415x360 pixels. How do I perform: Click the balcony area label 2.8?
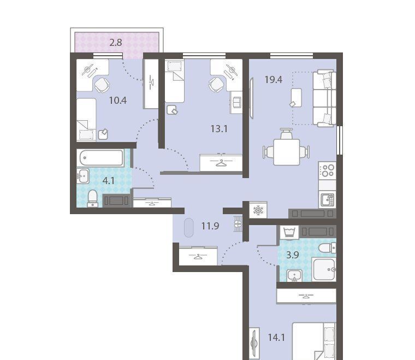(x=116, y=43)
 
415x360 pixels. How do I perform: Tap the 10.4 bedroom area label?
(x=118, y=101)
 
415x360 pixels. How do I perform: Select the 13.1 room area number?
(x=219, y=129)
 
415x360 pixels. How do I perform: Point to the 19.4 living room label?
(x=274, y=79)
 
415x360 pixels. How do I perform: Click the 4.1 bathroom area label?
(x=109, y=181)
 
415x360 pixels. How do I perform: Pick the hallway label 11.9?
(x=210, y=226)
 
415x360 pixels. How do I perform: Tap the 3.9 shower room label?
(x=293, y=255)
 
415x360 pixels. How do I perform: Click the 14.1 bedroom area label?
(x=277, y=338)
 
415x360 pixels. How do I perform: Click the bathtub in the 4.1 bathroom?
(x=102, y=158)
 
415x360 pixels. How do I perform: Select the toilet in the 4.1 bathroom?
(x=93, y=198)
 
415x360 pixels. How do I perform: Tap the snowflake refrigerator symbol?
(x=258, y=210)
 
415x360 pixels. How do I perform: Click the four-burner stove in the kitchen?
(x=328, y=170)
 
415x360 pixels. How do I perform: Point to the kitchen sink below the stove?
(x=328, y=200)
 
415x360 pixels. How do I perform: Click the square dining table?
(x=287, y=152)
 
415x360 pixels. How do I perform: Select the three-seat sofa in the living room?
(x=324, y=98)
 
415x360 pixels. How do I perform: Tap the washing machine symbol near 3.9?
(x=289, y=232)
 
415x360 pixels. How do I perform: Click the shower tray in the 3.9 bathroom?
(x=324, y=270)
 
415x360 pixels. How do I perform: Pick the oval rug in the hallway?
(x=189, y=228)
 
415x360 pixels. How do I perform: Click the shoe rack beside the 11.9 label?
(x=238, y=224)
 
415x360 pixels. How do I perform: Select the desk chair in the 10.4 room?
(x=102, y=85)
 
